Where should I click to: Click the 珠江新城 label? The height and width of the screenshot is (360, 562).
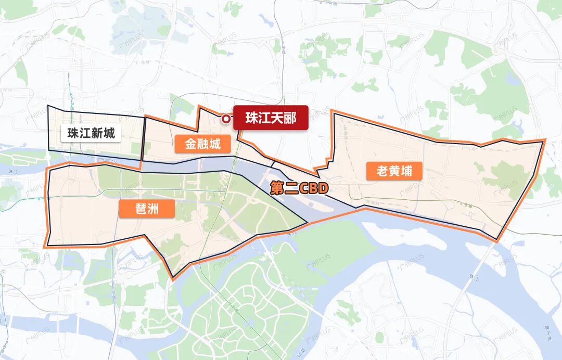pyautogui.click(x=91, y=133)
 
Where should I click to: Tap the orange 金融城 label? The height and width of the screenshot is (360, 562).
pyautogui.click(x=202, y=144)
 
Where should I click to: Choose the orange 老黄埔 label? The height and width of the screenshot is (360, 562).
pyautogui.click(x=394, y=171)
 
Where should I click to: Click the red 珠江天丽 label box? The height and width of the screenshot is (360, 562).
pyautogui.click(x=271, y=118)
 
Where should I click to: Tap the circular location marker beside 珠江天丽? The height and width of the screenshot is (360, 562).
pyautogui.click(x=226, y=119)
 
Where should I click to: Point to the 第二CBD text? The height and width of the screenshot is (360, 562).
pyautogui.click(x=299, y=188)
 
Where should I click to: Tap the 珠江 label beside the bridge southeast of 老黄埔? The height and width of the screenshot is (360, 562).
pyautogui.click(x=473, y=277)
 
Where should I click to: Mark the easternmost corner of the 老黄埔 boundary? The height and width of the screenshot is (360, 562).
pyautogui.click(x=545, y=140)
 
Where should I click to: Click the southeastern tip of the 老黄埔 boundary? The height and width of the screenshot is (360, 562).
pyautogui.click(x=497, y=241)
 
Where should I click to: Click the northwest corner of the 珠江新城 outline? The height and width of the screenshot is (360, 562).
pyautogui.click(x=48, y=106)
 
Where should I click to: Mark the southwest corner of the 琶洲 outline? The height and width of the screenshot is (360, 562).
pyautogui.click(x=45, y=246)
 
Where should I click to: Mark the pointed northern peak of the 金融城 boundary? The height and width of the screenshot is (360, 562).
pyautogui.click(x=199, y=106)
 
